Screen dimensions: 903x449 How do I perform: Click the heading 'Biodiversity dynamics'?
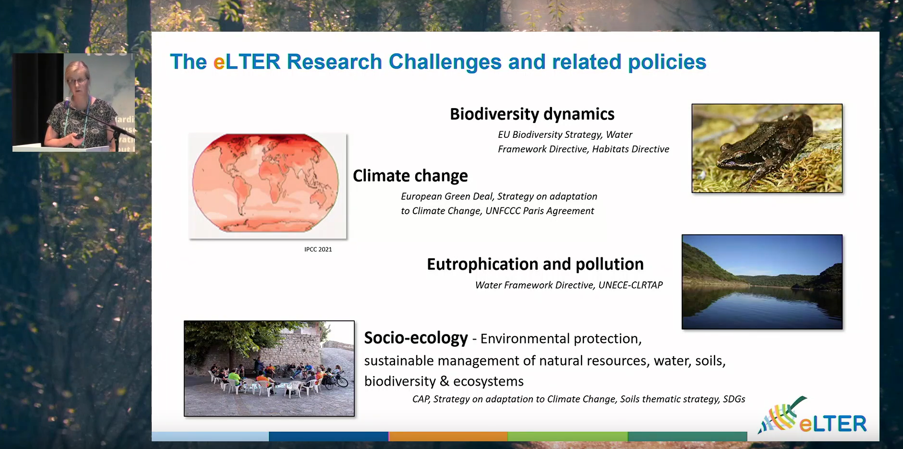pos(532,114)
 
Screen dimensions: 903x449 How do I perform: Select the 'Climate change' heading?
pos(410,176)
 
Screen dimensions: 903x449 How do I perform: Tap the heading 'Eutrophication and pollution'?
pos(535,264)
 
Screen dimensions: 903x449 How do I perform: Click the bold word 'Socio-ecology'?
pos(416,338)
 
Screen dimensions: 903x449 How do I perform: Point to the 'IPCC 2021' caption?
pos(318,249)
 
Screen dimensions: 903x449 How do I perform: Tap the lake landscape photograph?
pos(762,282)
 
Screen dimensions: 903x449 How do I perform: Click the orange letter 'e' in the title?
pos(219,62)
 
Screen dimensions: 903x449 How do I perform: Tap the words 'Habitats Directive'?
pos(630,149)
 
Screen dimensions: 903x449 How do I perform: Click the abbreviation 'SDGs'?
pos(734,399)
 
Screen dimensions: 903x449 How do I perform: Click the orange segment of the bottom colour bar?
pos(448,437)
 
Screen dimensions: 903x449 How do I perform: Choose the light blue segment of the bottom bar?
pos(210,437)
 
